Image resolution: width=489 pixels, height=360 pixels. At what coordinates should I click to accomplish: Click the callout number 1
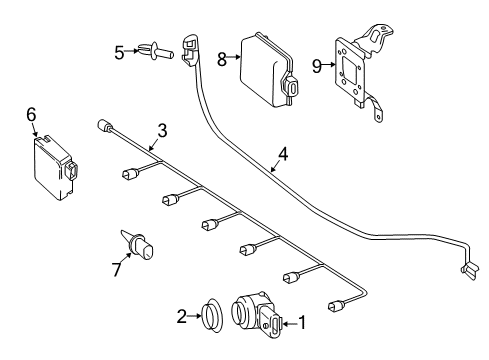click(302, 323)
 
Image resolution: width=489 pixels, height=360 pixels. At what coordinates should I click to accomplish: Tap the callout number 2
click(181, 316)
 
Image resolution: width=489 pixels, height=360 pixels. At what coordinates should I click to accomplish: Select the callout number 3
click(162, 130)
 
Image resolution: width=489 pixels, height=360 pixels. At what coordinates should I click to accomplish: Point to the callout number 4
click(283, 154)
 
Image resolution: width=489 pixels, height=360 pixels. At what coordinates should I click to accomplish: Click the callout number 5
click(119, 52)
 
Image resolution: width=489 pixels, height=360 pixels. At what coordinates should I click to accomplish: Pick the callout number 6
click(31, 115)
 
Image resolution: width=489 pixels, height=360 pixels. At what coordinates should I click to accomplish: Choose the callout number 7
click(116, 269)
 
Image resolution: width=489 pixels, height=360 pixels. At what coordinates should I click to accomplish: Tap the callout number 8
click(222, 60)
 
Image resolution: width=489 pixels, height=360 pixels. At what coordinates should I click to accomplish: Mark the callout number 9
click(317, 66)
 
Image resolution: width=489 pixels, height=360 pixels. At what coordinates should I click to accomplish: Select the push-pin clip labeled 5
click(157, 51)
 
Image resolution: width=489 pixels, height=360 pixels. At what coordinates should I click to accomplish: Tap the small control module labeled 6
click(55, 168)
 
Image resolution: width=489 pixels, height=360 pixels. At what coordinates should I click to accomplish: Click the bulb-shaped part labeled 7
click(138, 245)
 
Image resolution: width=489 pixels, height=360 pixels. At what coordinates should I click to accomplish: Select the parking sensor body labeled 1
click(256, 313)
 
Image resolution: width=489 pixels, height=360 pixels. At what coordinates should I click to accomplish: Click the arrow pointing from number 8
click(234, 57)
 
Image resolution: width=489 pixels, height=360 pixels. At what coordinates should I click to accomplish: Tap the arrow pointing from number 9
click(329, 65)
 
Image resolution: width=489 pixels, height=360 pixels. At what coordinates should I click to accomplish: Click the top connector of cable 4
click(189, 49)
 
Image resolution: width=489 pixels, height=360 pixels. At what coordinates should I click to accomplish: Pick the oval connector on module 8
click(291, 86)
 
